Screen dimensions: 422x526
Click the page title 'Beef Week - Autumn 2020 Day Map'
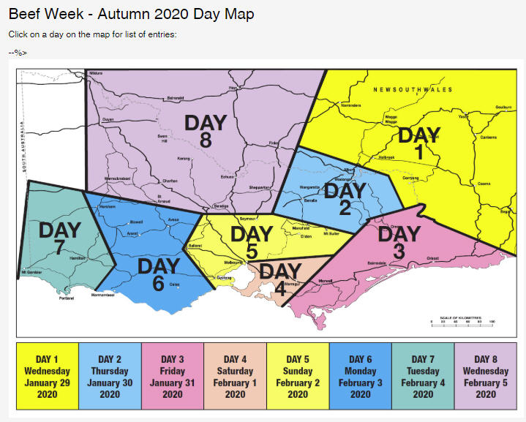pos(132,14)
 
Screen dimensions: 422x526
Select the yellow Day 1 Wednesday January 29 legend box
pos(47,376)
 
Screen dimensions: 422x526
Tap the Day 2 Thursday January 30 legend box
pos(110,376)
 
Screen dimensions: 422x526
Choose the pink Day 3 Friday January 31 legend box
pos(173,376)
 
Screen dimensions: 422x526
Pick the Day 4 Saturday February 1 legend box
pos(235,376)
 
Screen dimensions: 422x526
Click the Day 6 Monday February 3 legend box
pos(361,376)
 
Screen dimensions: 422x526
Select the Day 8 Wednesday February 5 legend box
pos(486,376)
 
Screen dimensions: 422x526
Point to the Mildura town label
pos(96,74)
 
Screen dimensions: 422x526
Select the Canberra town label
pos(489,137)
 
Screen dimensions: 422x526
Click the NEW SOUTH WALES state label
pos(413,90)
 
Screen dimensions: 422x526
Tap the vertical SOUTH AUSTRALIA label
pos(24,157)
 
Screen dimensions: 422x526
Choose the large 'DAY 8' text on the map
pos(206,130)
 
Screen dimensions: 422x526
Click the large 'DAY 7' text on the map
pos(60,238)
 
